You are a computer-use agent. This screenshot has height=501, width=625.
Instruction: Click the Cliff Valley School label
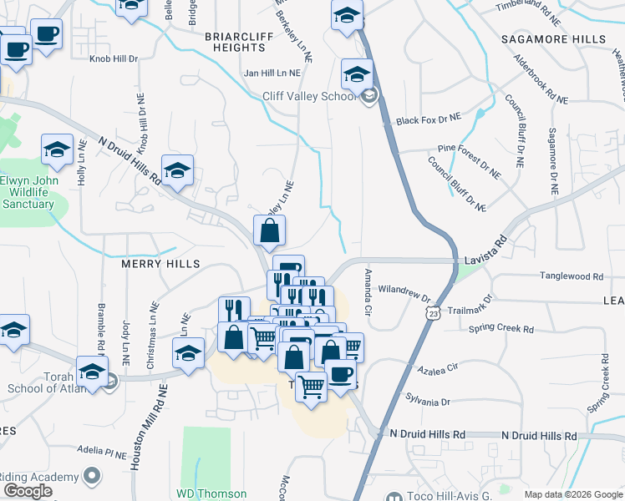310,96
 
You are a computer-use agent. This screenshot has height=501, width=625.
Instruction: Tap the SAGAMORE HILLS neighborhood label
553,39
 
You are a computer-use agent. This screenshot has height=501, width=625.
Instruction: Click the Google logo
28,491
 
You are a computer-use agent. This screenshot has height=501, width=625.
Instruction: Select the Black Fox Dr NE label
429,121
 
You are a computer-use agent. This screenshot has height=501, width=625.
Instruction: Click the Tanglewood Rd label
572,276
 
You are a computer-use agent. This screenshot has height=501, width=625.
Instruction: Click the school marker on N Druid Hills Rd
177,172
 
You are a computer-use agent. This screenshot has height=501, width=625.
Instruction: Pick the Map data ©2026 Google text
573,494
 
